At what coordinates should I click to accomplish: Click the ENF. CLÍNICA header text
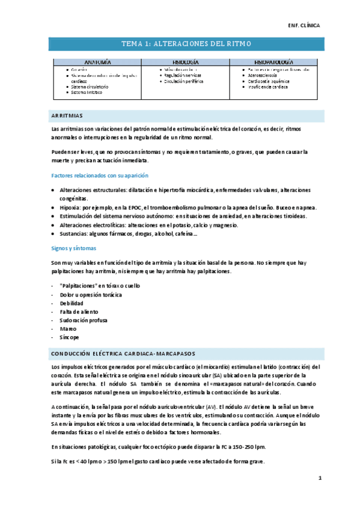coord(305,26)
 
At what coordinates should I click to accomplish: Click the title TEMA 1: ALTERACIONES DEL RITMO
coord(186,44)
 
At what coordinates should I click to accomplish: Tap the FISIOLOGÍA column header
coord(186,62)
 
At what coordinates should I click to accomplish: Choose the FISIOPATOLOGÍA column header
coord(273,62)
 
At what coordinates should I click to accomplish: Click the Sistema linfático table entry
coord(87,92)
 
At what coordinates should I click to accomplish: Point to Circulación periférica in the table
coord(184,81)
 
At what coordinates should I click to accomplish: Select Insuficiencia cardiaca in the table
coord(268,87)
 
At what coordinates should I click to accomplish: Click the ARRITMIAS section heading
coord(68,115)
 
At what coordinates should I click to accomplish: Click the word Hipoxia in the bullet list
coord(72,207)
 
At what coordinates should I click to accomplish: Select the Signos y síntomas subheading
coord(75,248)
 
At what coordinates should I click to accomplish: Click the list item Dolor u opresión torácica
coord(91,295)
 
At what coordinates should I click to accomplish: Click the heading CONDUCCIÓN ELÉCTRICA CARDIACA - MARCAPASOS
coord(124,353)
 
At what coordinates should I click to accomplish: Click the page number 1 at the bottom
coord(320,478)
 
